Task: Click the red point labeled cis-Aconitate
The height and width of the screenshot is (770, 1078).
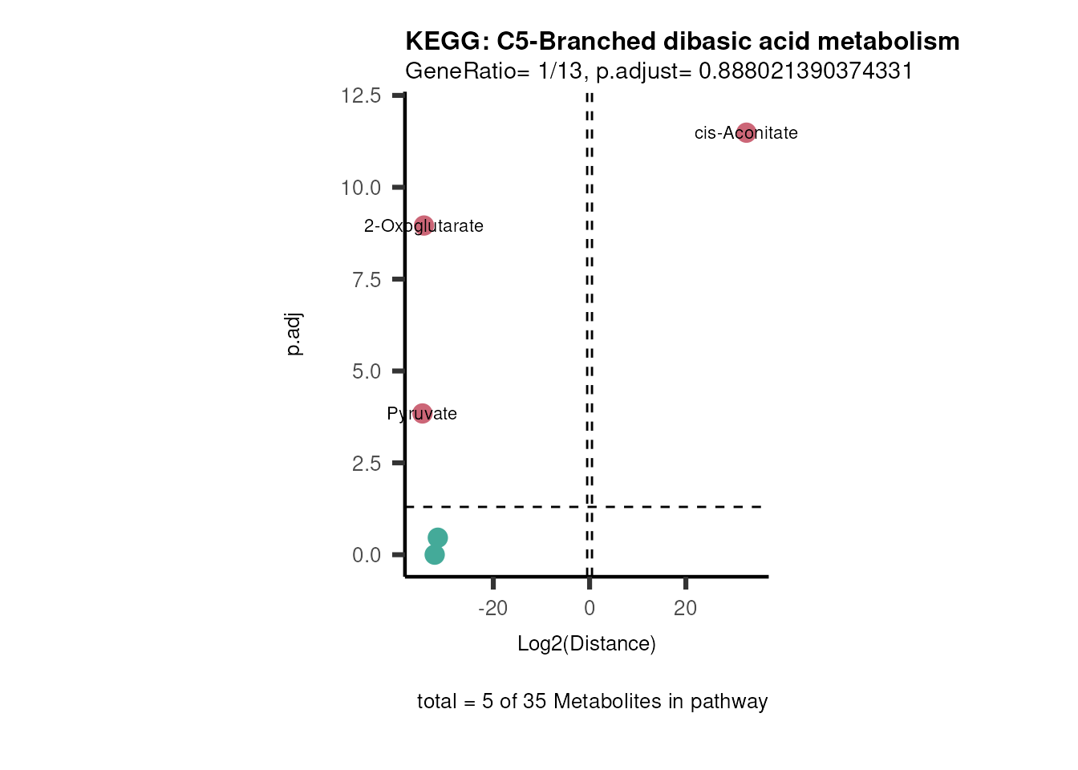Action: (746, 133)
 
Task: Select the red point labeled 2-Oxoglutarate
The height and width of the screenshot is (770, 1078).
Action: (424, 225)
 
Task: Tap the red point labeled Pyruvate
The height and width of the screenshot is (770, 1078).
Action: (423, 414)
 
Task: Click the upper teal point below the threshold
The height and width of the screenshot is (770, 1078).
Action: (437, 537)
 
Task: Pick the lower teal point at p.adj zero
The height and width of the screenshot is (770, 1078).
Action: (434, 554)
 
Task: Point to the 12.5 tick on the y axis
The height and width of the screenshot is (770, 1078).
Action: (361, 96)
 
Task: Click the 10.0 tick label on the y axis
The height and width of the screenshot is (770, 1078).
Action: (361, 188)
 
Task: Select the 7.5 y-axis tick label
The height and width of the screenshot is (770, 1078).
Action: (366, 280)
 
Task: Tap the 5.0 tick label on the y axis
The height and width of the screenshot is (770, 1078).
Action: (366, 371)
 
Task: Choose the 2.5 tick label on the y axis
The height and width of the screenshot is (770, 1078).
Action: (366, 464)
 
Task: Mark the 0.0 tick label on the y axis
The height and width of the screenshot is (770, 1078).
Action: (366, 555)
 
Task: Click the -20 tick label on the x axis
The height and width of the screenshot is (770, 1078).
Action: (492, 609)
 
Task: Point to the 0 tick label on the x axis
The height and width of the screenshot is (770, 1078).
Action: (590, 609)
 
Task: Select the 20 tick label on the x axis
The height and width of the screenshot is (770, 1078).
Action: (686, 609)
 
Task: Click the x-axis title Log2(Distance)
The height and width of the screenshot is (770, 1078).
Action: (586, 644)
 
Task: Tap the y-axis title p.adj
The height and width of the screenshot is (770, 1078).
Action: (294, 334)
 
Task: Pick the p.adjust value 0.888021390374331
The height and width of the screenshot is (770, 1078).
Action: (806, 71)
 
